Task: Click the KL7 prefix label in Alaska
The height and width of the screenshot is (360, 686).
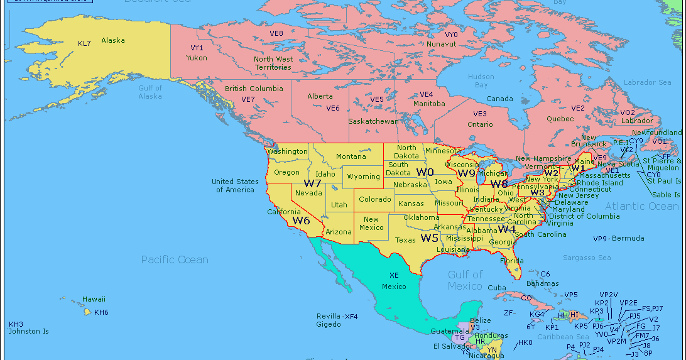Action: click(x=84, y=43)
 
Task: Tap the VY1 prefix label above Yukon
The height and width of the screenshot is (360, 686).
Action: click(x=197, y=48)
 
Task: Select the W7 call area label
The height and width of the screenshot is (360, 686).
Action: click(x=313, y=183)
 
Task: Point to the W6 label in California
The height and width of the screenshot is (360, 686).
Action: click(x=301, y=221)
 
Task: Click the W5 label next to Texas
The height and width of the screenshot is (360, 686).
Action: click(x=430, y=238)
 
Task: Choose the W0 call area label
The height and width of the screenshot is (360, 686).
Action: click(x=425, y=172)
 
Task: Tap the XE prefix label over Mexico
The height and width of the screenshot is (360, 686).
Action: click(x=394, y=275)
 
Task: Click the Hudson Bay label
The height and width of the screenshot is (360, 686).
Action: click(x=481, y=81)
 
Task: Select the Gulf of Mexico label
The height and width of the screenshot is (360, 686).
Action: click(x=465, y=280)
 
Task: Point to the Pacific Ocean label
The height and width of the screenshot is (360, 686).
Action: click(x=175, y=259)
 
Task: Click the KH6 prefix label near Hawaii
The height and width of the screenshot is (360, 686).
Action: click(x=101, y=312)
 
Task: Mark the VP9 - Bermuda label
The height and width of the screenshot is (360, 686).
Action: click(x=619, y=239)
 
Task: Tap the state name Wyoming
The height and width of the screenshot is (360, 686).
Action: click(x=363, y=177)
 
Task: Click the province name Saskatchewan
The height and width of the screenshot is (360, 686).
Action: click(x=373, y=121)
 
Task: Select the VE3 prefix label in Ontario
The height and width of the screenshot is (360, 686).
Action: click(x=479, y=114)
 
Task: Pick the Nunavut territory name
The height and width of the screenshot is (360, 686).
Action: click(x=442, y=45)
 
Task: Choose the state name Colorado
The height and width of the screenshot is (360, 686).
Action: click(x=374, y=200)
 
